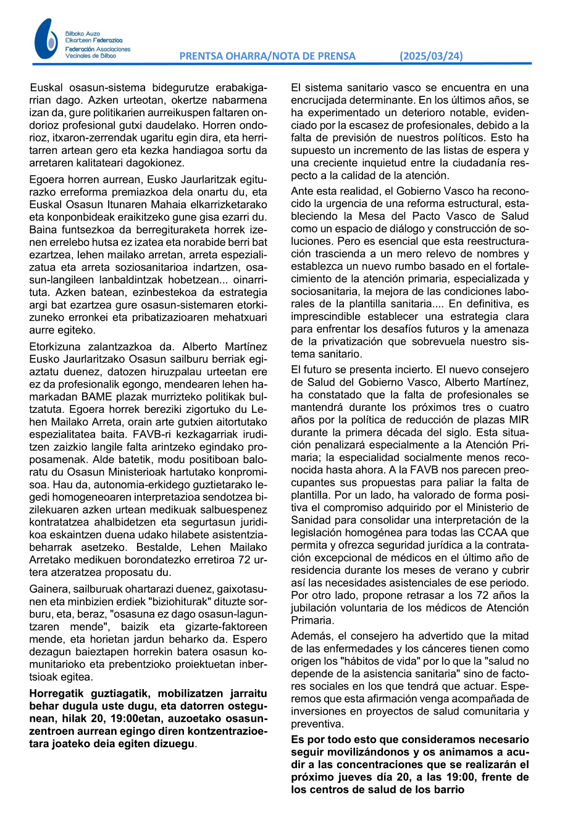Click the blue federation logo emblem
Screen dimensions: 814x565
[x=45, y=39]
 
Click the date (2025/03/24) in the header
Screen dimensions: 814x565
[x=431, y=56]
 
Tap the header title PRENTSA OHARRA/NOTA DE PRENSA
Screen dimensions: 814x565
[x=267, y=56]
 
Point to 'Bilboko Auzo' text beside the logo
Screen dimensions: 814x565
[x=82, y=33]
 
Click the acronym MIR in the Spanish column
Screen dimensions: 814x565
[x=517, y=420]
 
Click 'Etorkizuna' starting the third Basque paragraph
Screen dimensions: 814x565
[x=54, y=347]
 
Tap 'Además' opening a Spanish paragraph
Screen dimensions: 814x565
[x=310, y=636]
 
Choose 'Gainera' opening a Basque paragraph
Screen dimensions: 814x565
[x=48, y=588]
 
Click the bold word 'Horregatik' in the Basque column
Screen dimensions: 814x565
[x=56, y=693]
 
